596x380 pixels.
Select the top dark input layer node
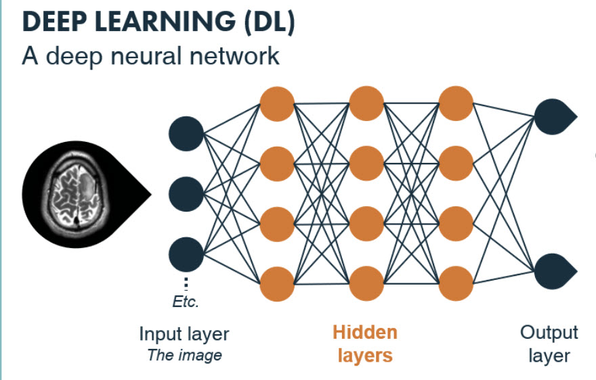click(x=186, y=133)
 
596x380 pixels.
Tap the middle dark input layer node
click(x=186, y=194)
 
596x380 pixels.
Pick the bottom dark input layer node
click(x=186, y=255)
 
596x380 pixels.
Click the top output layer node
click(x=552, y=117)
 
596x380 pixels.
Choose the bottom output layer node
click(x=552, y=270)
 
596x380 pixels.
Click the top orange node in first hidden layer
click(x=277, y=103)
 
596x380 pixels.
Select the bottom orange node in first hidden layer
click(x=277, y=283)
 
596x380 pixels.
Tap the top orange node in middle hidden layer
click(x=366, y=103)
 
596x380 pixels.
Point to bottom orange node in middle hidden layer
click(x=366, y=283)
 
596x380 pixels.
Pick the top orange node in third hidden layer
click(x=456, y=103)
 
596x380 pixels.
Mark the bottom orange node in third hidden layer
click(x=456, y=283)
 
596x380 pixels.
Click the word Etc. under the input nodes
click(x=186, y=302)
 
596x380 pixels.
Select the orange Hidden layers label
click(x=365, y=343)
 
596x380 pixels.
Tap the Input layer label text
click(x=184, y=334)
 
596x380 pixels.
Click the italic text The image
click(x=184, y=355)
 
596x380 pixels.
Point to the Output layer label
click(x=549, y=343)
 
